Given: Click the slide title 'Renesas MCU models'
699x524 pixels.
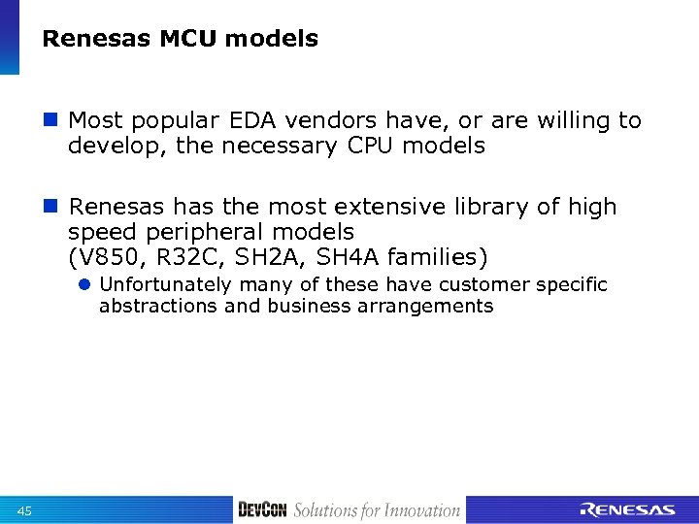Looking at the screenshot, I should point(181,39).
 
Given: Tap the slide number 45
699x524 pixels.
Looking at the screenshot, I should point(25,511).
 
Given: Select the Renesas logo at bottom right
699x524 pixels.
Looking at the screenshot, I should point(627,509).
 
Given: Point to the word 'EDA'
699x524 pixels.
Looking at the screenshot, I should point(250,120).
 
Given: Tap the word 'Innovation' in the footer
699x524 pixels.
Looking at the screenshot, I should point(418,510).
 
